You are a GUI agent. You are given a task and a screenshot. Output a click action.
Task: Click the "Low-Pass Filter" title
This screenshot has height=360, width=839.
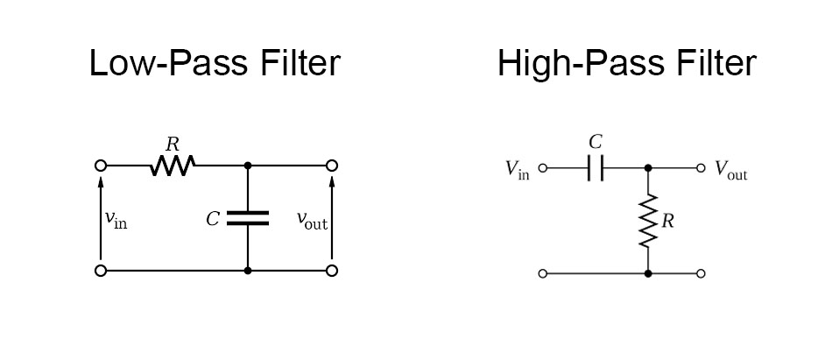215,64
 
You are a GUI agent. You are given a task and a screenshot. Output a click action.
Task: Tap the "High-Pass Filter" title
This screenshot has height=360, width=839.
626,64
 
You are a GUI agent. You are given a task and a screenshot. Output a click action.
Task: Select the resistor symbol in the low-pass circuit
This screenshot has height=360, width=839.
173,165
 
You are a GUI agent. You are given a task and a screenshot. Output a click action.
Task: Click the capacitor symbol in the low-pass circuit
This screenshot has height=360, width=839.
248,218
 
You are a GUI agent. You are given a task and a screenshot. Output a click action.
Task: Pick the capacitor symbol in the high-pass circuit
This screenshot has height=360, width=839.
596,168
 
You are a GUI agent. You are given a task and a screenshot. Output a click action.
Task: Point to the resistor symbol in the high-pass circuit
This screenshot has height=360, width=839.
648,221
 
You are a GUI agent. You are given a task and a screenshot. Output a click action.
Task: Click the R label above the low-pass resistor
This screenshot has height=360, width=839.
173,144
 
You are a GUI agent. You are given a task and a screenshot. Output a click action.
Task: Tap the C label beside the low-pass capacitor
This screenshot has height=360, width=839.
213,219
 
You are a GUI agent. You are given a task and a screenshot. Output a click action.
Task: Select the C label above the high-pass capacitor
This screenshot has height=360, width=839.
596,142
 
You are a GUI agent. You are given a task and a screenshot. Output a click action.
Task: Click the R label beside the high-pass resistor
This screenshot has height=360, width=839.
668,222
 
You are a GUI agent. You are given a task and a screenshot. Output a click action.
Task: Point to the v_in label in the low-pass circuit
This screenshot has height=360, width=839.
116,220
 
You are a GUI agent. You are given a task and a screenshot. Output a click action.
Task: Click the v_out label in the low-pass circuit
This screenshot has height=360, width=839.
312,221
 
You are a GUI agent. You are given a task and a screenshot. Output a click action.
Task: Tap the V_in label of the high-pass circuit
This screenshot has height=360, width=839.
518,170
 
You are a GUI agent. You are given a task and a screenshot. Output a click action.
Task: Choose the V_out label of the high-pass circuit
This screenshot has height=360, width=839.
731,170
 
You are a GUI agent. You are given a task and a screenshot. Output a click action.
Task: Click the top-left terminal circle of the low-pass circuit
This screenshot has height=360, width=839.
101,165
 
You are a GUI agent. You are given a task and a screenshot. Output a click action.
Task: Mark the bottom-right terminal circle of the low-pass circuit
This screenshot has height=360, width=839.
332,271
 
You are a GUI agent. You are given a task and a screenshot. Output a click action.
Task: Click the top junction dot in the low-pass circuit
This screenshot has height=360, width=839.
248,165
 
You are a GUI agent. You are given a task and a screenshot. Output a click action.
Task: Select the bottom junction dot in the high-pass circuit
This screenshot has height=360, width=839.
648,273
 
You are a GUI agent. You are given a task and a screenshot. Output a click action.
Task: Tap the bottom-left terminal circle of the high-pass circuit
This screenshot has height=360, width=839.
542,273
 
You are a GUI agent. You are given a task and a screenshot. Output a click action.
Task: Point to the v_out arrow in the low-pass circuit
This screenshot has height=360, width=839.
332,219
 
